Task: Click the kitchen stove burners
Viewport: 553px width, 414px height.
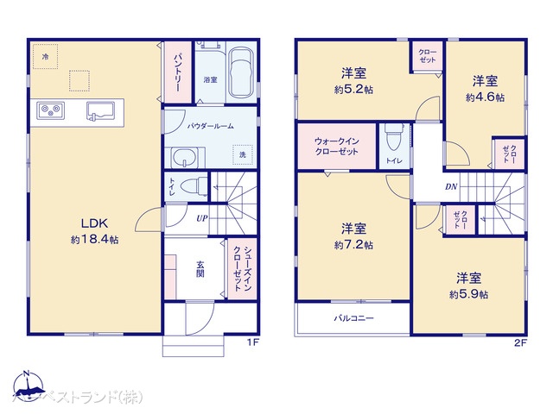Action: (50, 110)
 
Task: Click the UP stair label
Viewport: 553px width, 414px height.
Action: (201, 218)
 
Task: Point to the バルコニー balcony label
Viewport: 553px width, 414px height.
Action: (354, 318)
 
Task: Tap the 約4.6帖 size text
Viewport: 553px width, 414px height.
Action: (485, 97)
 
